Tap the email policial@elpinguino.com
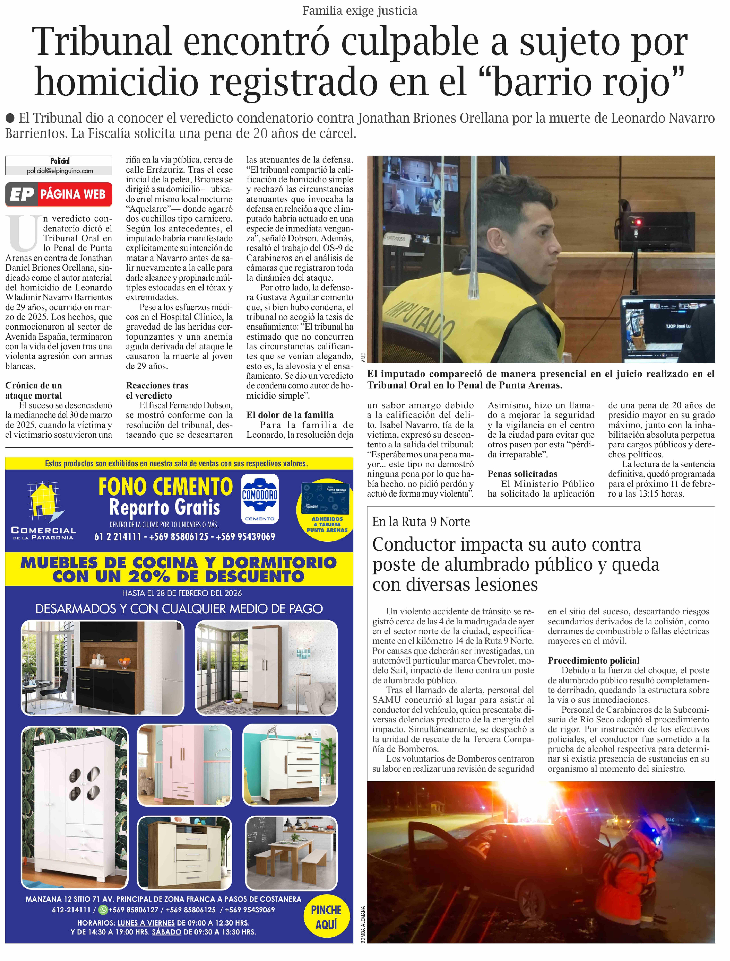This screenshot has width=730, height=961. [x=60, y=171]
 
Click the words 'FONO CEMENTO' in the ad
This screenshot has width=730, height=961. [x=165, y=487]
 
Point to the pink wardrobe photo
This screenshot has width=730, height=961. [x=184, y=766]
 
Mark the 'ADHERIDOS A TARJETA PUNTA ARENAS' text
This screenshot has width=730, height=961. [x=327, y=524]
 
